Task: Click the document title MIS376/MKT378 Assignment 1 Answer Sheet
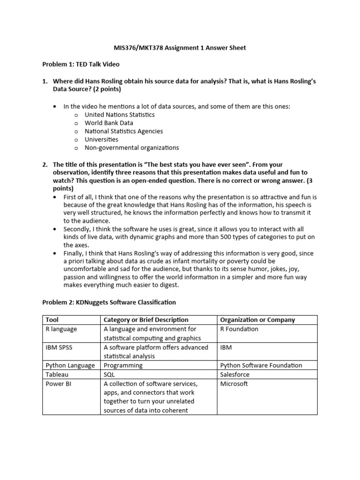[x=180, y=48]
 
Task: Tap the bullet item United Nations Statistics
[x=120, y=114]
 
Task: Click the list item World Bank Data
[x=109, y=123]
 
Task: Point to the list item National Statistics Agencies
[x=124, y=131]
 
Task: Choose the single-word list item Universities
[x=101, y=139]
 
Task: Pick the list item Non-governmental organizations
[x=132, y=148]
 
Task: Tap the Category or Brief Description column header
[x=146, y=320]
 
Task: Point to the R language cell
[x=61, y=329]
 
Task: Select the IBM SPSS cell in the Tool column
[x=59, y=347]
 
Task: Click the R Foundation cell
[x=239, y=329]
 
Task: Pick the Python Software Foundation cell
[x=261, y=365]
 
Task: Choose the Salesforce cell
[x=235, y=375]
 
